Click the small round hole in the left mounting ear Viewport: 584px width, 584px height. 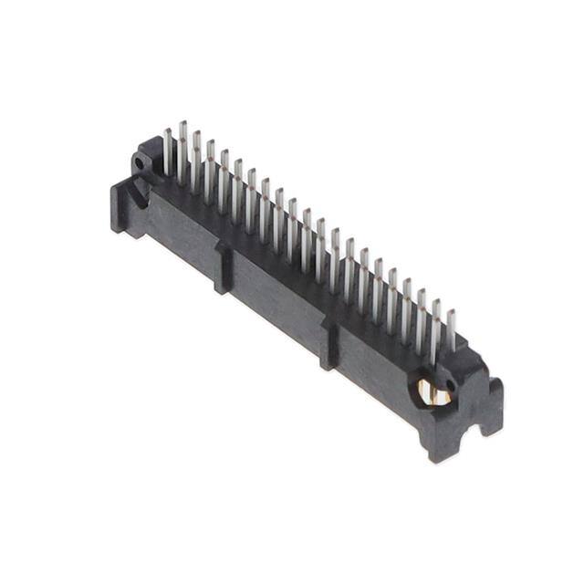pos(140,163)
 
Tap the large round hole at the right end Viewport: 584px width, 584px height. pos(435,391)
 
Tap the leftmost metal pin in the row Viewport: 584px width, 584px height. pos(168,151)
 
